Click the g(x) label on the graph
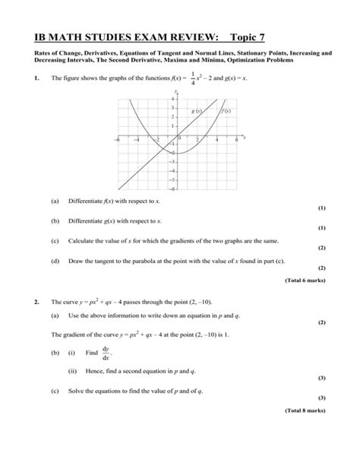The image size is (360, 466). pyautogui.click(x=197, y=111)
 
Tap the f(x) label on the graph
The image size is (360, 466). pyautogui.click(x=226, y=111)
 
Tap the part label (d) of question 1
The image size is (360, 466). pyautogui.click(x=55, y=260)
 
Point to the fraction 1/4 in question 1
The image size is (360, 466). pyautogui.click(x=194, y=80)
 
